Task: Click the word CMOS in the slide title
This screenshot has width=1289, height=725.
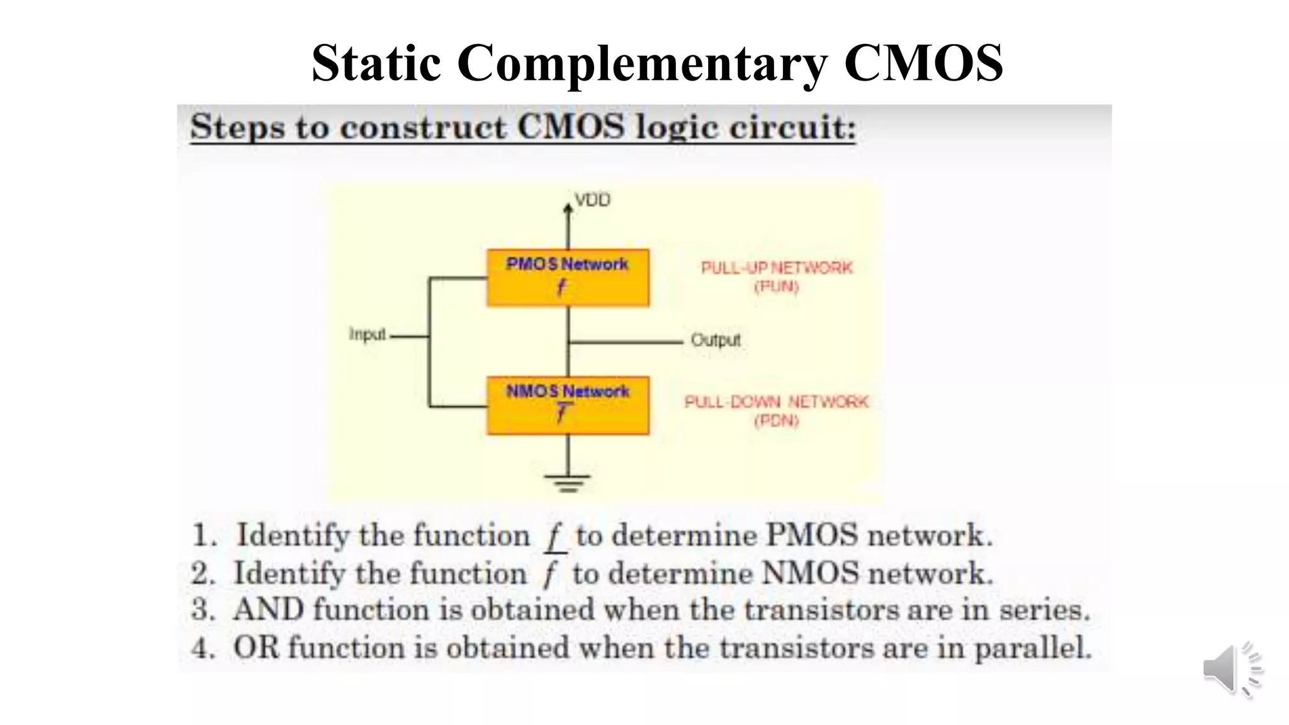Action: (x=923, y=63)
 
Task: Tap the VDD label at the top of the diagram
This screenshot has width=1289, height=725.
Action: (x=592, y=200)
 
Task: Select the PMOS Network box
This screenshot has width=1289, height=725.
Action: (x=568, y=278)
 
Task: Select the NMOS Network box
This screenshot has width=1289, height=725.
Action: (x=568, y=405)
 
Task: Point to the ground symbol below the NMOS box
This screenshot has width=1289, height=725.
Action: (x=568, y=483)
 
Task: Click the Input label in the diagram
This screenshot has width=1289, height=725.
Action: (x=367, y=334)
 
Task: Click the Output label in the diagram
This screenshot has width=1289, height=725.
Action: (x=716, y=340)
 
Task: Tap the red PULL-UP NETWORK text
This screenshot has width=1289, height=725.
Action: (x=777, y=268)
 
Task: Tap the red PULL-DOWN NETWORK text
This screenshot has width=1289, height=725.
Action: (x=776, y=402)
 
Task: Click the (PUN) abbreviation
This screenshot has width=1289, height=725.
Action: (x=776, y=287)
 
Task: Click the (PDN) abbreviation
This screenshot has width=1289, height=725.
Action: (x=776, y=420)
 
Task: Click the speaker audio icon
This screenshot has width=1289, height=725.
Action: (x=1232, y=670)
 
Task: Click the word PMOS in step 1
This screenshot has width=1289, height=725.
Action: (x=811, y=536)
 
